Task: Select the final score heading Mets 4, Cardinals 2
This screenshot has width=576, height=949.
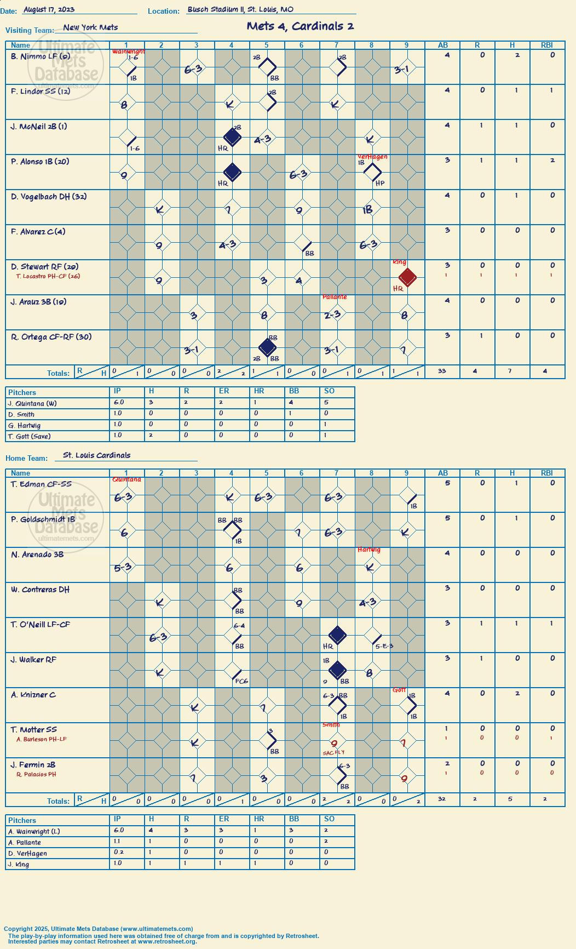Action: (x=300, y=26)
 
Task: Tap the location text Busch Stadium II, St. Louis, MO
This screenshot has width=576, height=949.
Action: (x=240, y=9)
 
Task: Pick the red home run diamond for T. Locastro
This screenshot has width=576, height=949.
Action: (x=407, y=277)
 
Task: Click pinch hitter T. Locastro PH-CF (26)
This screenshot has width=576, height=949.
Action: (x=48, y=276)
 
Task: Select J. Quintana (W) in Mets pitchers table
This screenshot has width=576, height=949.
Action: (x=32, y=404)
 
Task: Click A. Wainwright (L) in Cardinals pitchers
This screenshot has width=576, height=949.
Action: (x=34, y=832)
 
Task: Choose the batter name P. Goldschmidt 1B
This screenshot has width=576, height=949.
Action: (x=43, y=519)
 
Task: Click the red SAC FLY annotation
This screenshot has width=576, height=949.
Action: (x=333, y=753)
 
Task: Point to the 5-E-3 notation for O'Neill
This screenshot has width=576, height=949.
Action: (x=384, y=647)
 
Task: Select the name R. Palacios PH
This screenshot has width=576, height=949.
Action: (x=36, y=775)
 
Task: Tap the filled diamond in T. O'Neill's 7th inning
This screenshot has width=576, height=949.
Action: (x=337, y=635)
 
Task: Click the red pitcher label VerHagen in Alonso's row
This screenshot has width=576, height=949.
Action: (x=372, y=157)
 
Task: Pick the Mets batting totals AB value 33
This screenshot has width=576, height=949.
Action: (x=442, y=371)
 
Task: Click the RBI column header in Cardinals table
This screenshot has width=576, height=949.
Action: (x=547, y=473)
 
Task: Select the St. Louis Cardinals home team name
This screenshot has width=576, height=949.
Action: (x=97, y=455)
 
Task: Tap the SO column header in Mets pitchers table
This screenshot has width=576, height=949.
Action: (x=329, y=391)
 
